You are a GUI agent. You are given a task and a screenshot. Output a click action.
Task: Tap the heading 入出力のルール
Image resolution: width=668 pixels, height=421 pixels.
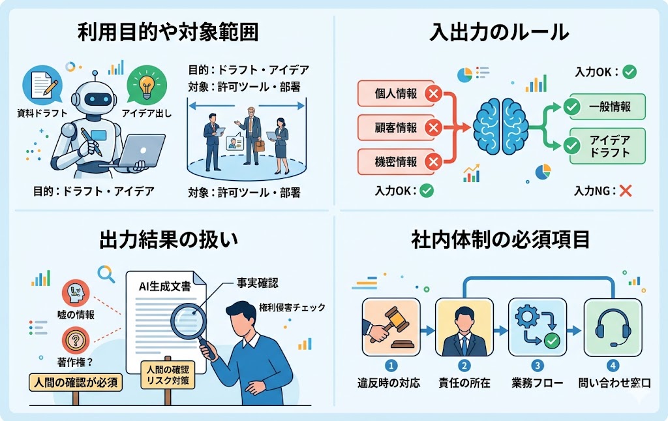499,32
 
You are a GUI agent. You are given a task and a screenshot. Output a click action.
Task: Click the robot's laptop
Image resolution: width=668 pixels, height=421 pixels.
140,151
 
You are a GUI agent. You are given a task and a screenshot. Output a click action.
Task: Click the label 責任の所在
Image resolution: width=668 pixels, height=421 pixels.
464,382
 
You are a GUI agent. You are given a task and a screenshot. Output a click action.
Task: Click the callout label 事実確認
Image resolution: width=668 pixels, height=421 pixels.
257,283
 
